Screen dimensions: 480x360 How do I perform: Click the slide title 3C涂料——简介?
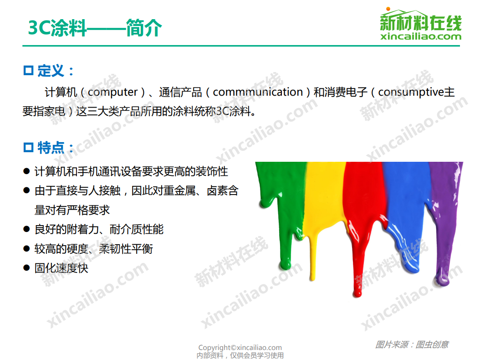coord(95,28)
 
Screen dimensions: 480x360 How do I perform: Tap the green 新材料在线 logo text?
coord(421,22)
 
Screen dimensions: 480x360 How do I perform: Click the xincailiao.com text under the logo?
coord(421,36)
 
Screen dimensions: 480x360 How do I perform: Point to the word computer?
coord(112,92)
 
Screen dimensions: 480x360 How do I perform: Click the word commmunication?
coord(258,92)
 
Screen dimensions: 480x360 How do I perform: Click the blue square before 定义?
coord(28,71)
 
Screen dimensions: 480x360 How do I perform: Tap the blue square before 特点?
coord(28,147)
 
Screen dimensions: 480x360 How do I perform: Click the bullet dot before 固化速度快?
coord(26,268)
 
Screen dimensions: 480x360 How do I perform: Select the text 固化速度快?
coord(61,268)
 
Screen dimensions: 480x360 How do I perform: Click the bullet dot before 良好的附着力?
coord(26,229)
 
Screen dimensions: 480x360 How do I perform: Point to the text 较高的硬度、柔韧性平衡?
coord(94,249)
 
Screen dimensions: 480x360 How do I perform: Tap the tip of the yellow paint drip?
coord(312,279)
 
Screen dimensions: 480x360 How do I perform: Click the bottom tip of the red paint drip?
coord(357,295)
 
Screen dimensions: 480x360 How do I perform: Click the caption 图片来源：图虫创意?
coord(412,345)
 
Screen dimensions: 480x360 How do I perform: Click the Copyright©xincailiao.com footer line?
coord(240,347)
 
